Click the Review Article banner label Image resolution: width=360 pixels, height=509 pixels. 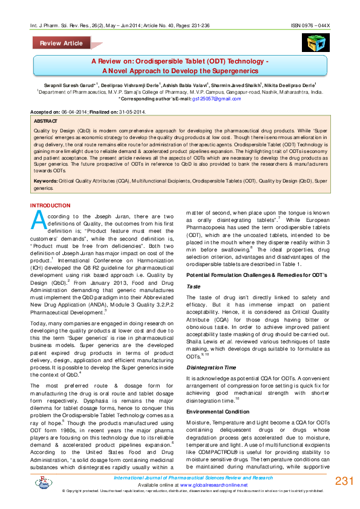click(61, 44)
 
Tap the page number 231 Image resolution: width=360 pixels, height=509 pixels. click(344, 481)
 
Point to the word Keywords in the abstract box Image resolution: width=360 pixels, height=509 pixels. click(46, 181)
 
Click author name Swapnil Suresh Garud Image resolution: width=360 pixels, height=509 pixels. click(68, 85)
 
